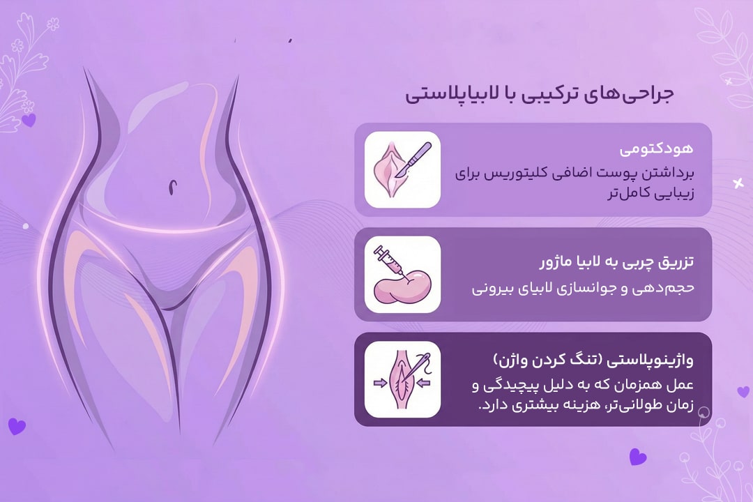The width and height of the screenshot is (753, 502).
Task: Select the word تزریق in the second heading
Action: (x=674, y=263)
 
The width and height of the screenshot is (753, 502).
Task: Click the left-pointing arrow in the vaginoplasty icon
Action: (x=424, y=383)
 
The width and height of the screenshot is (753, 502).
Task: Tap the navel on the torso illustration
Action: (x=172, y=187)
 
